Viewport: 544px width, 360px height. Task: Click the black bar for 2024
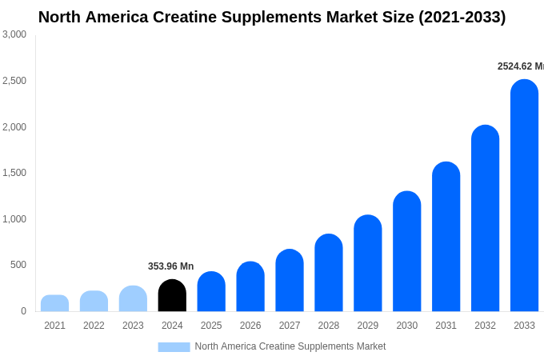click(172, 295)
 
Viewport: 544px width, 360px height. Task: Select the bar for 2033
click(524, 195)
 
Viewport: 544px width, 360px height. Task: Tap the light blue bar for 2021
click(54, 303)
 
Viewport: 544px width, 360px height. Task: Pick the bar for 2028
click(328, 273)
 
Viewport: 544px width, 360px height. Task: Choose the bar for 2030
click(406, 251)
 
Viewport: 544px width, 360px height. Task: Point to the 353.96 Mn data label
click(170, 266)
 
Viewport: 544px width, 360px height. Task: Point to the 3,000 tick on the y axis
click(14, 34)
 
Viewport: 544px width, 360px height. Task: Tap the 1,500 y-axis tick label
click(14, 173)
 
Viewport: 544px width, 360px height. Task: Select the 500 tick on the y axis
click(18, 265)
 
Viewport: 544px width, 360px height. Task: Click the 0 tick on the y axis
click(23, 311)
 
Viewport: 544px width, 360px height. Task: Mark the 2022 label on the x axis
click(94, 326)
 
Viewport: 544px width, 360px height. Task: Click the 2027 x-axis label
click(290, 326)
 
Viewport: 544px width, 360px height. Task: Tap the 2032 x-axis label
click(485, 326)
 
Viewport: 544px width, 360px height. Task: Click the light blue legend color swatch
click(174, 347)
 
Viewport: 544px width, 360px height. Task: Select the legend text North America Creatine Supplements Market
click(290, 346)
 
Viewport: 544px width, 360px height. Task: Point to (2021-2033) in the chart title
click(462, 17)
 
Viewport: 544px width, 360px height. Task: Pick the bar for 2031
click(446, 237)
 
